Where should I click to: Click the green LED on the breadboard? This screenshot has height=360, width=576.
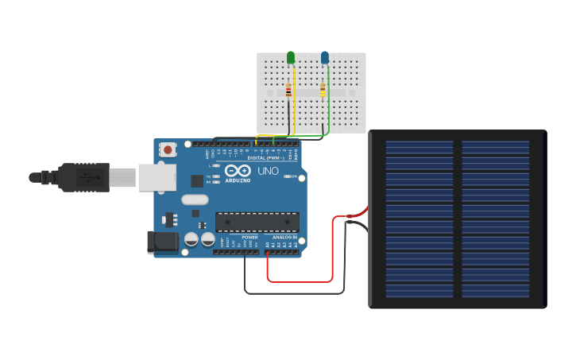pyautogui.click(x=291, y=57)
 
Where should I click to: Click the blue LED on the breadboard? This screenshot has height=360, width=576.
pyautogui.click(x=325, y=57)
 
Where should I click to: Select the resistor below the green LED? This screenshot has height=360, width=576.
pyautogui.click(x=288, y=91)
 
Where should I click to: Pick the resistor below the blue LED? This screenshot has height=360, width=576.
pyautogui.click(x=323, y=91)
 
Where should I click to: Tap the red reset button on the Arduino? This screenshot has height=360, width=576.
pyautogui.click(x=168, y=149)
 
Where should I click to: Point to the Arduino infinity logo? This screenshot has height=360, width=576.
pyautogui.click(x=238, y=171)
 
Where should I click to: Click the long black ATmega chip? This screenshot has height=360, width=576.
pyautogui.click(x=257, y=223)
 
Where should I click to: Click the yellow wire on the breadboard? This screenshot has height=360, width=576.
pyautogui.click(x=295, y=103)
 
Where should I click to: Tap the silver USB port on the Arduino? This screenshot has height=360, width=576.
pyautogui.click(x=157, y=177)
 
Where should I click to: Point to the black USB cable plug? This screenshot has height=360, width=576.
pyautogui.click(x=83, y=177)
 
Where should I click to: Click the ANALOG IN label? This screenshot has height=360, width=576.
pyautogui.click(x=284, y=237)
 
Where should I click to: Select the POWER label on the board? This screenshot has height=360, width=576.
pyautogui.click(x=249, y=237)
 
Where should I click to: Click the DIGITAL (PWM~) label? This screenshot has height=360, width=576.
pyautogui.click(x=265, y=157)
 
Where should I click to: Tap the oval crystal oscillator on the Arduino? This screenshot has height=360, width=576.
pyautogui.click(x=195, y=200)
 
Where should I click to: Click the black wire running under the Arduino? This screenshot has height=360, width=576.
pyautogui.click(x=294, y=293)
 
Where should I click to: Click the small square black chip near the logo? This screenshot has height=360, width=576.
pyautogui.click(x=196, y=181)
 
